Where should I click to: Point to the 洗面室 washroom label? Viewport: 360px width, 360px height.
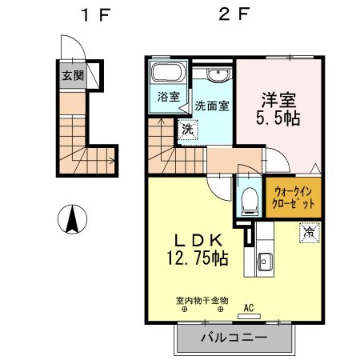click(212, 105)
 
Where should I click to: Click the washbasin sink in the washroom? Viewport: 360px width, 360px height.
click(216, 75)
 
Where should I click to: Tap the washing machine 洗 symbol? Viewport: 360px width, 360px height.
click(186, 129)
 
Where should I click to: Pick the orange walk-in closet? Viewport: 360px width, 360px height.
click(294, 198)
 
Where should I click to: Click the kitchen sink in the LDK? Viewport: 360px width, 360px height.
click(264, 260)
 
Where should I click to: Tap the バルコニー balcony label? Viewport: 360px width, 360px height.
click(234, 338)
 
